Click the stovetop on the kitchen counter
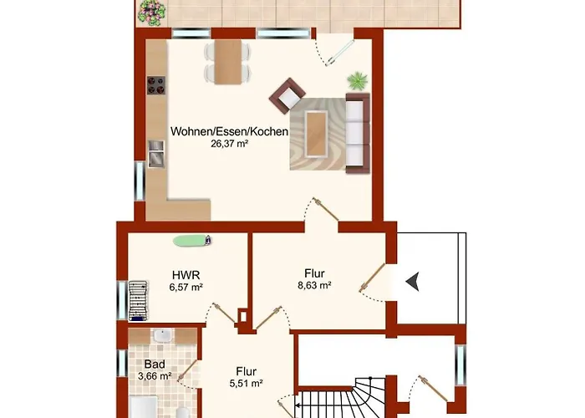tap(156, 85)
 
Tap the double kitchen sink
tap(156, 153)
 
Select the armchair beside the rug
tap(287, 95)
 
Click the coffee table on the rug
tap(317, 134)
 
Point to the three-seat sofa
tap(358, 133)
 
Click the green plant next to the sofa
tap(358, 81)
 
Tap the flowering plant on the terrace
tap(151, 13)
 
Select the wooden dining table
tap(228, 62)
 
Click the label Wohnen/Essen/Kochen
tap(230, 131)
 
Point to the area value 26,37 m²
tap(230, 144)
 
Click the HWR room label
tap(186, 275)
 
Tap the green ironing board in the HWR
tap(192, 241)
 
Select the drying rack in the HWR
tap(138, 301)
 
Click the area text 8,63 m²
tap(314, 286)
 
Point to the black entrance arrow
tap(413, 281)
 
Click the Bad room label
tap(155, 364)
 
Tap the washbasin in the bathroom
tap(162, 336)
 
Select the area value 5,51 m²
tap(247, 383)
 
